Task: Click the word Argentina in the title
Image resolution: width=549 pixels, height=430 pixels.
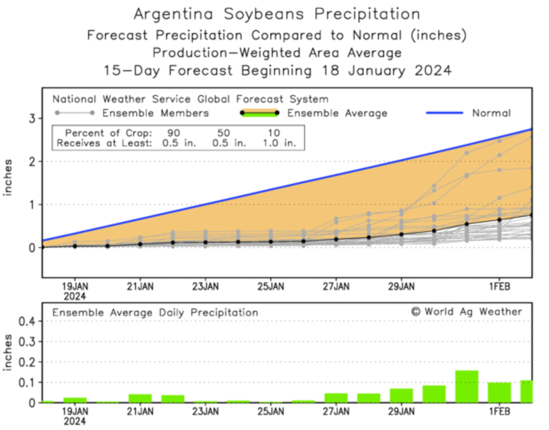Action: click(173, 14)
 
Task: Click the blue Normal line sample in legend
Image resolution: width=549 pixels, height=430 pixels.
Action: click(444, 113)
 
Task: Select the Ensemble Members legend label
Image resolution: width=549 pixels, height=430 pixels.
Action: click(155, 113)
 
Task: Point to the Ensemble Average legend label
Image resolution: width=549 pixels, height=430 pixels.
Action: click(337, 113)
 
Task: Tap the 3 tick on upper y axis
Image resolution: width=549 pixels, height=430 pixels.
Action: click(32, 119)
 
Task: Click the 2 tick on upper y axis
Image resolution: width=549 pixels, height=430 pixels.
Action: click(32, 162)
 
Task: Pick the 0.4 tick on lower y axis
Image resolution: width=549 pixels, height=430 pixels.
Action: click(26, 321)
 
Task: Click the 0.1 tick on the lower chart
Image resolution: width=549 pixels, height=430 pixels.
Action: click(26, 382)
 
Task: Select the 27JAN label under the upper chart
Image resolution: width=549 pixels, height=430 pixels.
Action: click(336, 287)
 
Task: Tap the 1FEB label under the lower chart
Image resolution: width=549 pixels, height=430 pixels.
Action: click(499, 411)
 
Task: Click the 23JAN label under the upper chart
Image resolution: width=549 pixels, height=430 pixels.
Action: click(205, 287)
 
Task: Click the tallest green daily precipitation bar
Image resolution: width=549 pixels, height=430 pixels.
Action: click(466, 386)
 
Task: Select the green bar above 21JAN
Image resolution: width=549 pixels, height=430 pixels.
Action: click(140, 398)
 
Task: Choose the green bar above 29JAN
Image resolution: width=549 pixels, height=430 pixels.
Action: click(401, 395)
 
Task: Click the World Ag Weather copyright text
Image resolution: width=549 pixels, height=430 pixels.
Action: click(466, 312)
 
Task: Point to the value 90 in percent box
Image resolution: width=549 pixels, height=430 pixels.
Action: click(173, 133)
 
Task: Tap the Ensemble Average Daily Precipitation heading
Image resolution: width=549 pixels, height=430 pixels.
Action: click(155, 313)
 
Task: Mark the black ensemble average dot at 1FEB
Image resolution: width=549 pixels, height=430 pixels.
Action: click(499, 219)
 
